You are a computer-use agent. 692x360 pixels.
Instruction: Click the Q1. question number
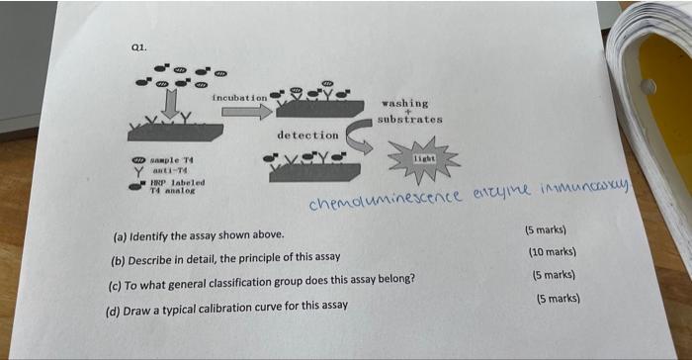pos(137,45)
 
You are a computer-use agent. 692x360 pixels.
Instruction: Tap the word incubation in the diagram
pos(239,98)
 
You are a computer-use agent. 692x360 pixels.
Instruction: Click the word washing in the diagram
pos(405,102)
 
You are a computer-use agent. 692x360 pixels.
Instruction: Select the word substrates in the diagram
pos(409,120)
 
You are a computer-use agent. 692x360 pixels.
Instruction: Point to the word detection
pos(308,134)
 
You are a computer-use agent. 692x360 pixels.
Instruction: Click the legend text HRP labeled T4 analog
pos(174,186)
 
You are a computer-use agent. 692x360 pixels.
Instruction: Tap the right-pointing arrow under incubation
pos(244,113)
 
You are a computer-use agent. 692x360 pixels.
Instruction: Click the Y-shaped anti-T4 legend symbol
pos(139,171)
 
